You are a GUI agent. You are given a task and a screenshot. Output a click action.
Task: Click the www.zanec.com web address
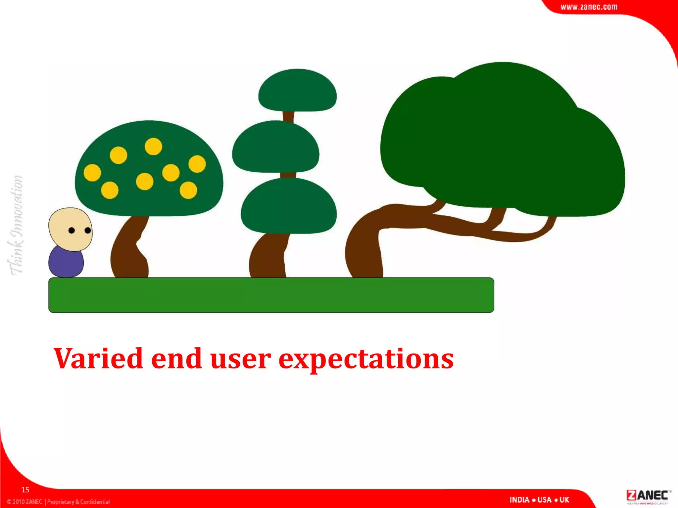tap(589, 7)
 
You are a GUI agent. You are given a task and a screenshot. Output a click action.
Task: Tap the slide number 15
tap(25, 490)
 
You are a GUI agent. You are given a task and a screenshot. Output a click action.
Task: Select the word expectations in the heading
tap(366, 360)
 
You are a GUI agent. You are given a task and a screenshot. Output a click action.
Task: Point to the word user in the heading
tap(240, 359)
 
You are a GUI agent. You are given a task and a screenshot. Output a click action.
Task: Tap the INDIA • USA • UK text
tap(539, 500)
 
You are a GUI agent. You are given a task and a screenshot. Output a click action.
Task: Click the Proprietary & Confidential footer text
tap(78, 502)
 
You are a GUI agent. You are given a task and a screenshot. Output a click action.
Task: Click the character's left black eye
tap(72, 231)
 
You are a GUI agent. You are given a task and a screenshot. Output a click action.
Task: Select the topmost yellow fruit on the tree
tap(153, 146)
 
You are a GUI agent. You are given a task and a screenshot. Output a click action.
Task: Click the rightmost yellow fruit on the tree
tap(197, 164)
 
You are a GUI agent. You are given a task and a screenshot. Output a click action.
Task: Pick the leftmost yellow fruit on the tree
tap(92, 173)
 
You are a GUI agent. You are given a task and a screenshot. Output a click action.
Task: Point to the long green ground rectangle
tap(271, 295)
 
